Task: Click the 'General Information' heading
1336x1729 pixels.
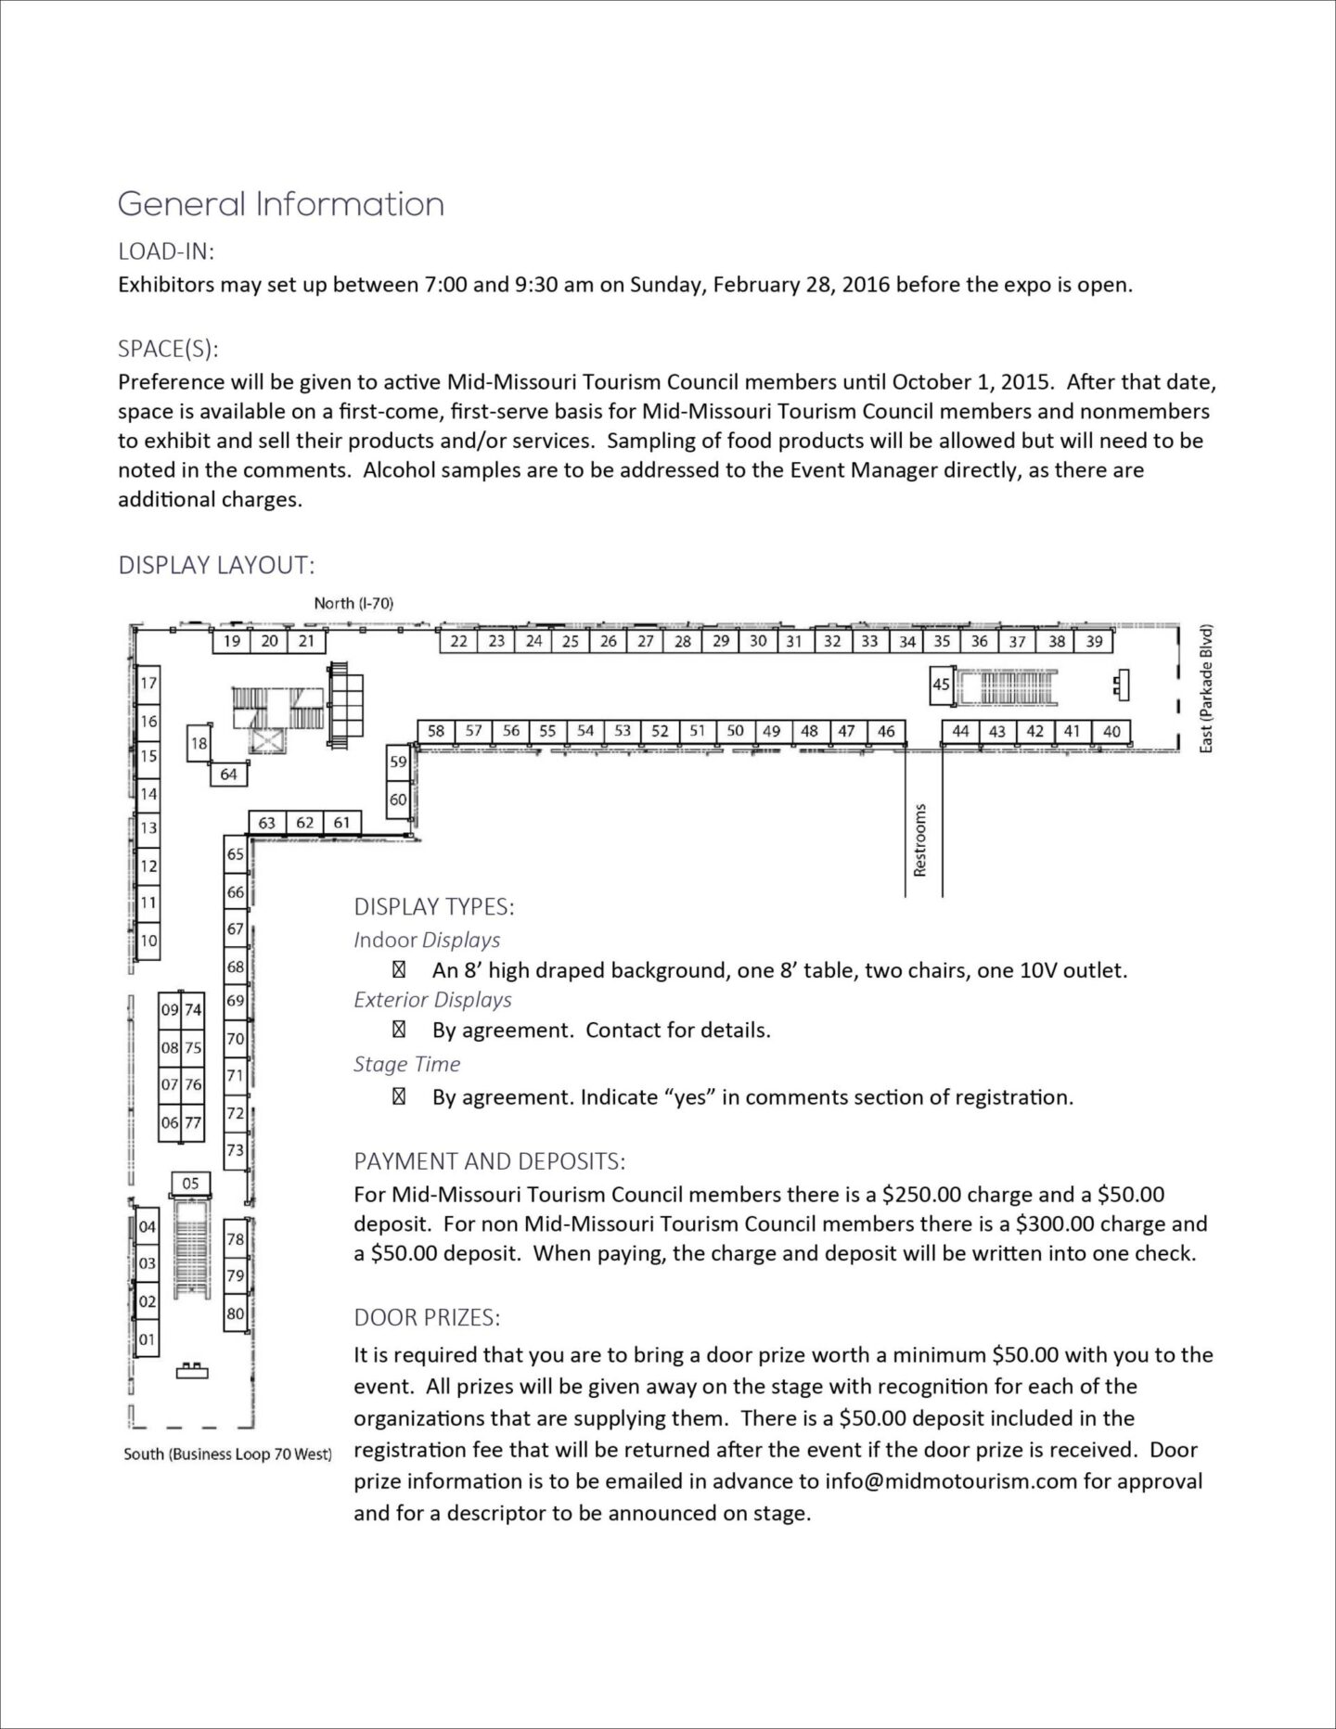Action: pos(281,204)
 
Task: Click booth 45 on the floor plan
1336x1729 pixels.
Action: pos(942,685)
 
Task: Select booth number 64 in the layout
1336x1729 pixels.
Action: pos(228,774)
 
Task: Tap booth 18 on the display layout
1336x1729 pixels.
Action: pos(199,743)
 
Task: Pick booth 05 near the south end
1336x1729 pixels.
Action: pos(190,1183)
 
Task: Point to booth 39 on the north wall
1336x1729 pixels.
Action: pos(1094,641)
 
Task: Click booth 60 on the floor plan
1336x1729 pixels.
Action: pos(398,799)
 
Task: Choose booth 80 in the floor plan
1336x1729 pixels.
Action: pos(236,1313)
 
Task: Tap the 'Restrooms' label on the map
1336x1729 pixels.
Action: pos(920,839)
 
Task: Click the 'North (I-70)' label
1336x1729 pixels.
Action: pos(353,603)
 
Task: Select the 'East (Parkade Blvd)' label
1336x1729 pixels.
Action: pos(1206,688)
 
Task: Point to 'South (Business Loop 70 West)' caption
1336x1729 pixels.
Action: pos(227,1454)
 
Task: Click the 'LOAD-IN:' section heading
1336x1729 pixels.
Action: pos(166,251)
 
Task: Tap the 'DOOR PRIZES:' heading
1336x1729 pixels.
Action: pos(427,1318)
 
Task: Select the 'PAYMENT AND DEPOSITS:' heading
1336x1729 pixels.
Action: pos(490,1161)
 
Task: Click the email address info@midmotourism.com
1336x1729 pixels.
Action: pos(951,1480)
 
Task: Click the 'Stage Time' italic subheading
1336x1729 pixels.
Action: pos(406,1064)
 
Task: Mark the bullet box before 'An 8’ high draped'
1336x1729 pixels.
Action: pos(399,971)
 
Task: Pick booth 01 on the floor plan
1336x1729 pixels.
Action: pos(148,1338)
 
